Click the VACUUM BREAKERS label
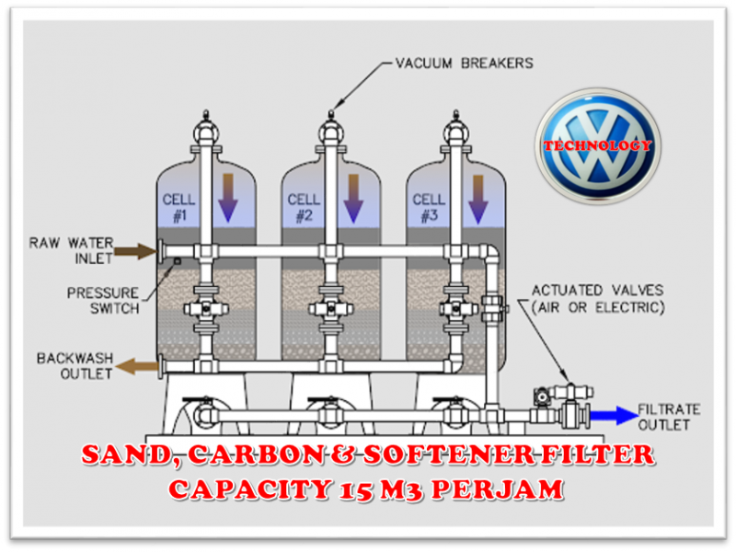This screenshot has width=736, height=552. click(x=464, y=63)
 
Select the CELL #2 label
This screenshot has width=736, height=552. click(x=304, y=208)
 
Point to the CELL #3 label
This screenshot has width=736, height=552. click(x=429, y=208)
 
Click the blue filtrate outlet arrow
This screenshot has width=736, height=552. click(x=613, y=416)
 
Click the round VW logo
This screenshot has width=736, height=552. click(x=598, y=145)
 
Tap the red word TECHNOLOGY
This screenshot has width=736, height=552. click(x=597, y=146)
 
